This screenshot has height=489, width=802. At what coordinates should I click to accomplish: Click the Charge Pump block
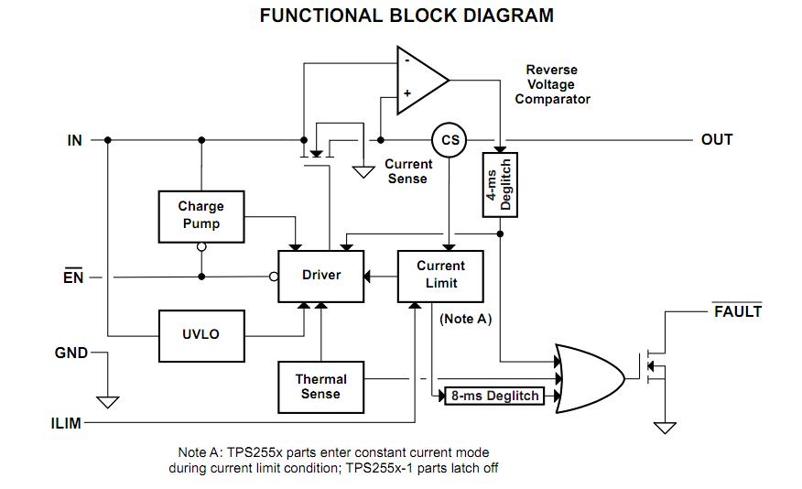[200, 216]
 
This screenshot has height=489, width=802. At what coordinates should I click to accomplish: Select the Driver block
[321, 275]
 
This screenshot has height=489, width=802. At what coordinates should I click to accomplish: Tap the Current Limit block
[440, 275]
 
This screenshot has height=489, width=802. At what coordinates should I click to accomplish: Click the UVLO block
[200, 334]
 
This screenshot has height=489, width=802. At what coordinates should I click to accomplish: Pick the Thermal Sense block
[321, 386]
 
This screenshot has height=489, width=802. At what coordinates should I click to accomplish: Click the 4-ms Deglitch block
[500, 185]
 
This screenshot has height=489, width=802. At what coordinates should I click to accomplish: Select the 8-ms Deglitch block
[493, 397]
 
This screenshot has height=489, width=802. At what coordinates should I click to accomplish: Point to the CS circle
[449, 140]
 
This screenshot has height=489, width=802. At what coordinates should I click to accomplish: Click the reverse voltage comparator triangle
[418, 81]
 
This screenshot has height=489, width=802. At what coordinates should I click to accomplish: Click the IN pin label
[75, 140]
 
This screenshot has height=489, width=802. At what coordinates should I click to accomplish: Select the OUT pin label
[717, 139]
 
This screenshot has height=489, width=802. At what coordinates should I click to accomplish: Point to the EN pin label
[74, 276]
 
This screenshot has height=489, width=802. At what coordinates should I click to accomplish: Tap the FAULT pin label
[737, 311]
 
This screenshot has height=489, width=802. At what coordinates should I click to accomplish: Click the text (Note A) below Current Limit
[466, 319]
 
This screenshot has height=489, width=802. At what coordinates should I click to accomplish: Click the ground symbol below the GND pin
[108, 401]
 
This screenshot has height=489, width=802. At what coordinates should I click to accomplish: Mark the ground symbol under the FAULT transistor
[665, 427]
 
